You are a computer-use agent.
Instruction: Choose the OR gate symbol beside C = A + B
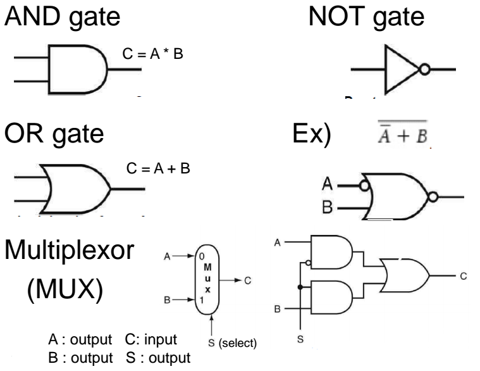point(74,188)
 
